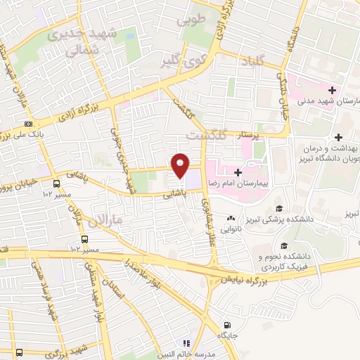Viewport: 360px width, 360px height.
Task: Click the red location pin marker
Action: click(x=181, y=165)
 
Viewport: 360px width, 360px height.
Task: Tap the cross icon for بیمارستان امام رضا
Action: click(x=238, y=172)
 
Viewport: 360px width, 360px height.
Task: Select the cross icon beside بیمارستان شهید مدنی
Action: click(x=331, y=90)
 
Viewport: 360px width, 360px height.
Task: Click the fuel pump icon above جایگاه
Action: click(x=226, y=325)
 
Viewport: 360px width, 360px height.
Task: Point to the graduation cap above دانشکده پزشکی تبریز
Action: click(x=280, y=207)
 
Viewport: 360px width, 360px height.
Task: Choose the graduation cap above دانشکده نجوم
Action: click(x=284, y=245)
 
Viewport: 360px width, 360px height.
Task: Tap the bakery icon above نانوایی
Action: click(x=231, y=218)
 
